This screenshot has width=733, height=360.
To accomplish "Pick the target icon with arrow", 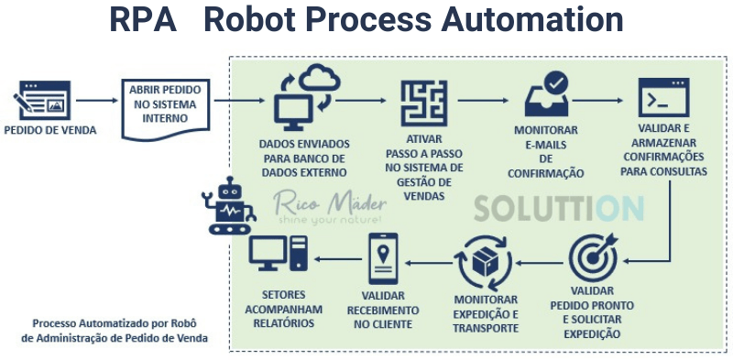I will pyautogui.click(x=593, y=257).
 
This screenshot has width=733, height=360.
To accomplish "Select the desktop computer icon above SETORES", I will pyautogui.click(x=279, y=256).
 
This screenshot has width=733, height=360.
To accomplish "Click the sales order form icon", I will pyautogui.click(x=42, y=99).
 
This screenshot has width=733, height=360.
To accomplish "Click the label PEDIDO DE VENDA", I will pyautogui.click(x=49, y=130).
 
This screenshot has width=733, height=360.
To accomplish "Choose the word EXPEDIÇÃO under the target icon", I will pyautogui.click(x=591, y=333).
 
